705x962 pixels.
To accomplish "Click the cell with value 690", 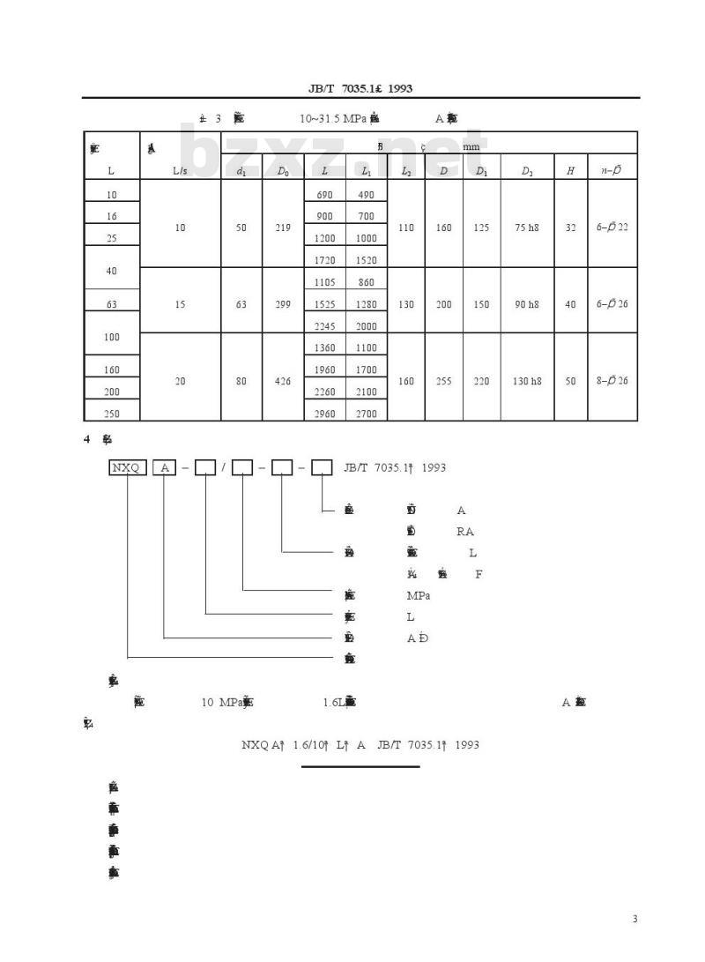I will coord(324,194).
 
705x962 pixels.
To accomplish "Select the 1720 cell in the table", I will coord(324,260).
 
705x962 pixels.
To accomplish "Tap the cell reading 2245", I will coord(324,325).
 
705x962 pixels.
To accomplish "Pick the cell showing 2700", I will coord(366,413).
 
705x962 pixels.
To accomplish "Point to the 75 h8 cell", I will coord(526,227).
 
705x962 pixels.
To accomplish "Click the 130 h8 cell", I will coord(526,381).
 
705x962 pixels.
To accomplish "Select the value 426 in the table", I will coord(283,381).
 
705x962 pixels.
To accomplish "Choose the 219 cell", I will coord(283,227).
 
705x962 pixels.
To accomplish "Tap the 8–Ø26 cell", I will coord(612,381).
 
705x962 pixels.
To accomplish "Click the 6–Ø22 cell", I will coord(612,227).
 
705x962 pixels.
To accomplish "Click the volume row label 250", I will coord(112,413).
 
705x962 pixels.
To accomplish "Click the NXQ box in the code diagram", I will coord(127,467).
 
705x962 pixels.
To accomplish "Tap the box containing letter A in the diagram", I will coord(165,467).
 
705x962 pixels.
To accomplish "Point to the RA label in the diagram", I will coord(465,532).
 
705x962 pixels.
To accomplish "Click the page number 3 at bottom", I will coord(634,920).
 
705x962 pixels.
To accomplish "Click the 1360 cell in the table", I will coord(324,348).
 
